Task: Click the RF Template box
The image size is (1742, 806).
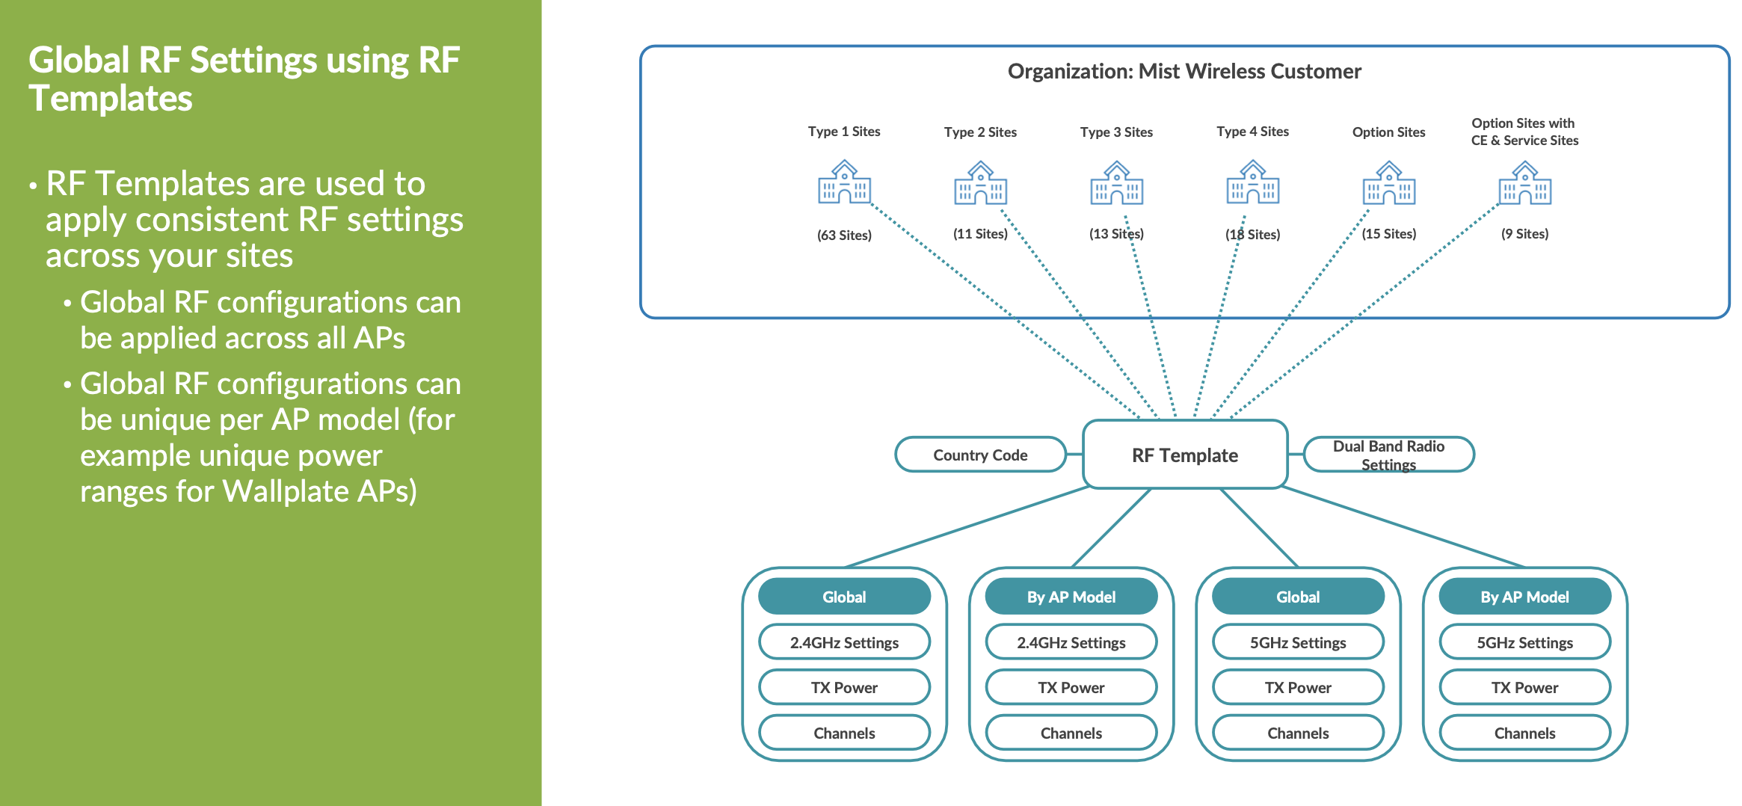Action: pos(1184,455)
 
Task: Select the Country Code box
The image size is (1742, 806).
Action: pos(979,455)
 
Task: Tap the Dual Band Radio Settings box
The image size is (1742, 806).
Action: pos(1388,455)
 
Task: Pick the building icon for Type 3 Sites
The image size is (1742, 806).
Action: pos(1116,183)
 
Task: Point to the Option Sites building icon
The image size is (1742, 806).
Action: pos(1388,183)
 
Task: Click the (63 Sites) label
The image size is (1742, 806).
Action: pos(844,236)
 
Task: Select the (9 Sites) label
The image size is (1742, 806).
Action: pos(1524,234)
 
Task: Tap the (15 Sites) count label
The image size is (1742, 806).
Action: pos(1388,234)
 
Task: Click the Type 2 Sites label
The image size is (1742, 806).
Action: pos(980,132)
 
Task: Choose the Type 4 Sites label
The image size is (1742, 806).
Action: pos(1252,132)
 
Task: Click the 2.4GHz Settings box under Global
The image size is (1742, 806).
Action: pos(844,642)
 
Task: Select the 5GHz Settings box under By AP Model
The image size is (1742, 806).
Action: pos(1524,642)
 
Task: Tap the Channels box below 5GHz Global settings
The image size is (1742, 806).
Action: pos(1298,733)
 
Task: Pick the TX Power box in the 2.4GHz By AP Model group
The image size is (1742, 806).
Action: pos(1071,687)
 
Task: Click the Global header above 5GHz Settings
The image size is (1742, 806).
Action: pos(1298,597)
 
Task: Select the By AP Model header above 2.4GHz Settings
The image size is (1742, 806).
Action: pos(1071,597)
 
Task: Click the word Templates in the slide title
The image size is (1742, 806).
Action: pos(111,99)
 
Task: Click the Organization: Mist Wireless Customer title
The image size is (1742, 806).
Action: pos(1184,72)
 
